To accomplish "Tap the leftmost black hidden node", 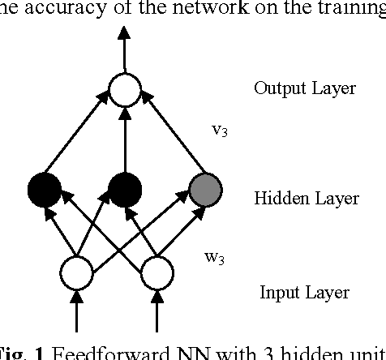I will coord(44,191).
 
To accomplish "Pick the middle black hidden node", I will coord(125,191).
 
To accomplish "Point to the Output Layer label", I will coord(304,88).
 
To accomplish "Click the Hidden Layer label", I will coord(299,198).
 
